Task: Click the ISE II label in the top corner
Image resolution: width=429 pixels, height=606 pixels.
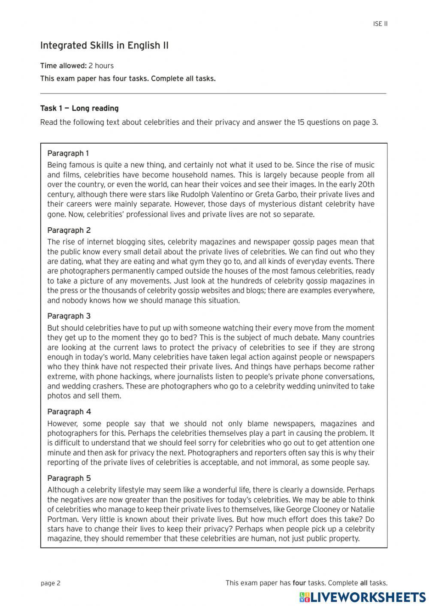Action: pyautogui.click(x=380, y=24)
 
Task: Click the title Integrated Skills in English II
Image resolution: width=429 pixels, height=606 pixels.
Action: pyautogui.click(x=104, y=46)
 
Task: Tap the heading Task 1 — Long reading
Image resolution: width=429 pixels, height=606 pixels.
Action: pyautogui.click(x=79, y=109)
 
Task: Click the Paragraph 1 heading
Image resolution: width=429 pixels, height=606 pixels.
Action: pyautogui.click(x=68, y=153)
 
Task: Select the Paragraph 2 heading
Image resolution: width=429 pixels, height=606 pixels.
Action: pyautogui.click(x=69, y=230)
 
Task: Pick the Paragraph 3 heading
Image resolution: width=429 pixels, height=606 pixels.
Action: pyautogui.click(x=69, y=316)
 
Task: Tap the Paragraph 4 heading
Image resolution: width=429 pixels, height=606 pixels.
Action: pyautogui.click(x=69, y=412)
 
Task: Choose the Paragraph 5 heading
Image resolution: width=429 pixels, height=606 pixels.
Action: pyautogui.click(x=69, y=478)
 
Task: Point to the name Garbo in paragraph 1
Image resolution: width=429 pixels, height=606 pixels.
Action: pyautogui.click(x=284, y=194)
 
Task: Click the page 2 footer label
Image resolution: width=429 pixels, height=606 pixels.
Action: pyautogui.click(x=51, y=583)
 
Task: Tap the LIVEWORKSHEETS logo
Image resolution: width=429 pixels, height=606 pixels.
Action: pyautogui.click(x=363, y=597)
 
